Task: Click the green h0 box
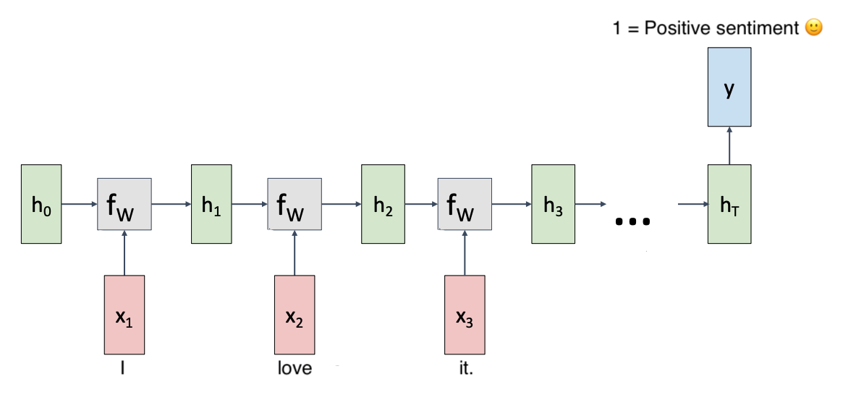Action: (x=41, y=204)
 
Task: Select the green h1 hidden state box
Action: (x=211, y=204)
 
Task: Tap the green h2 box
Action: (x=382, y=204)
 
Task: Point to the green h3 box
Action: (x=552, y=204)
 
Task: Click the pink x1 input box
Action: (x=124, y=315)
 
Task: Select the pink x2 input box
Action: (x=295, y=315)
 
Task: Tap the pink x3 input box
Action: (x=465, y=315)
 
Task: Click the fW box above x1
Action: (x=124, y=204)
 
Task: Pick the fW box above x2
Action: (x=295, y=204)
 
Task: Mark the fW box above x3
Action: (x=465, y=204)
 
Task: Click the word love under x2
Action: (x=295, y=368)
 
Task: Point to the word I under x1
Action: (x=124, y=368)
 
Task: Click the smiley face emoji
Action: (x=813, y=28)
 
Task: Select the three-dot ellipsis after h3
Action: (x=632, y=221)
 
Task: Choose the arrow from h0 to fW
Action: (x=79, y=204)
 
